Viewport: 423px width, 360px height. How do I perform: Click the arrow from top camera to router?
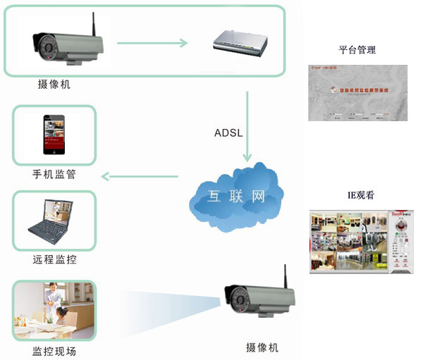(x=152, y=43)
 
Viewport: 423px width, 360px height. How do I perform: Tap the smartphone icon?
(x=54, y=135)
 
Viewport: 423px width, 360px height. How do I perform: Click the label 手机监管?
(x=54, y=174)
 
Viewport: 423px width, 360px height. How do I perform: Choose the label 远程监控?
(x=54, y=260)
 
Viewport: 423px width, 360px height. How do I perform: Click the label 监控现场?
(x=54, y=351)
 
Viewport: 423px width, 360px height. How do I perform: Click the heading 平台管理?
(x=357, y=50)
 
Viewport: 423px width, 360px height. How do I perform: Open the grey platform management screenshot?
(x=357, y=92)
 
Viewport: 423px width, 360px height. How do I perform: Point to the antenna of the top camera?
(x=92, y=24)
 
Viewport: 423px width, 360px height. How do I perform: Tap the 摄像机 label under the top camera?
(x=54, y=85)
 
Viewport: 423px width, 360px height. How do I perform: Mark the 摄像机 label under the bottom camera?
(x=262, y=347)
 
